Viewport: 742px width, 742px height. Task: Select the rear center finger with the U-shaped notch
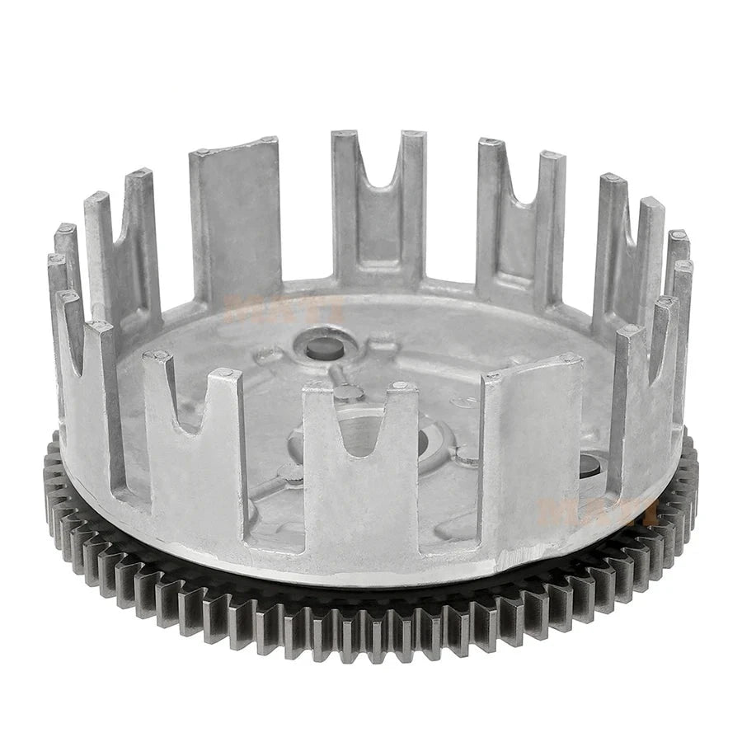(379, 206)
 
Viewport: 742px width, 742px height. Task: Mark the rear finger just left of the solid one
(124, 247)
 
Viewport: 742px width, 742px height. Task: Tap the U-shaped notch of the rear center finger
(379, 177)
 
